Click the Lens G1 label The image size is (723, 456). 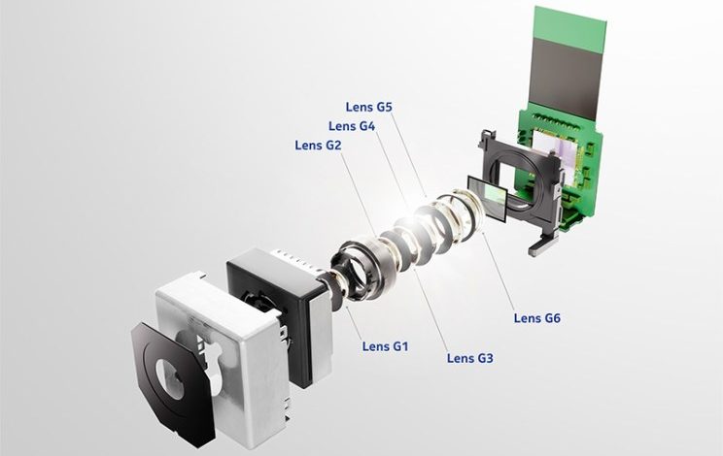(385, 346)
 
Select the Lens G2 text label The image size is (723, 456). (318, 146)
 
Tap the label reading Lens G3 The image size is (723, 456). (470, 358)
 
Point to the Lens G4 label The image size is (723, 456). (352, 126)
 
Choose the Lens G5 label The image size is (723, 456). (369, 107)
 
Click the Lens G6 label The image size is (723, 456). (537, 318)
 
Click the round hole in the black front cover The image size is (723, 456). (170, 379)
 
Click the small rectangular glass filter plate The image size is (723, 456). (488, 199)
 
